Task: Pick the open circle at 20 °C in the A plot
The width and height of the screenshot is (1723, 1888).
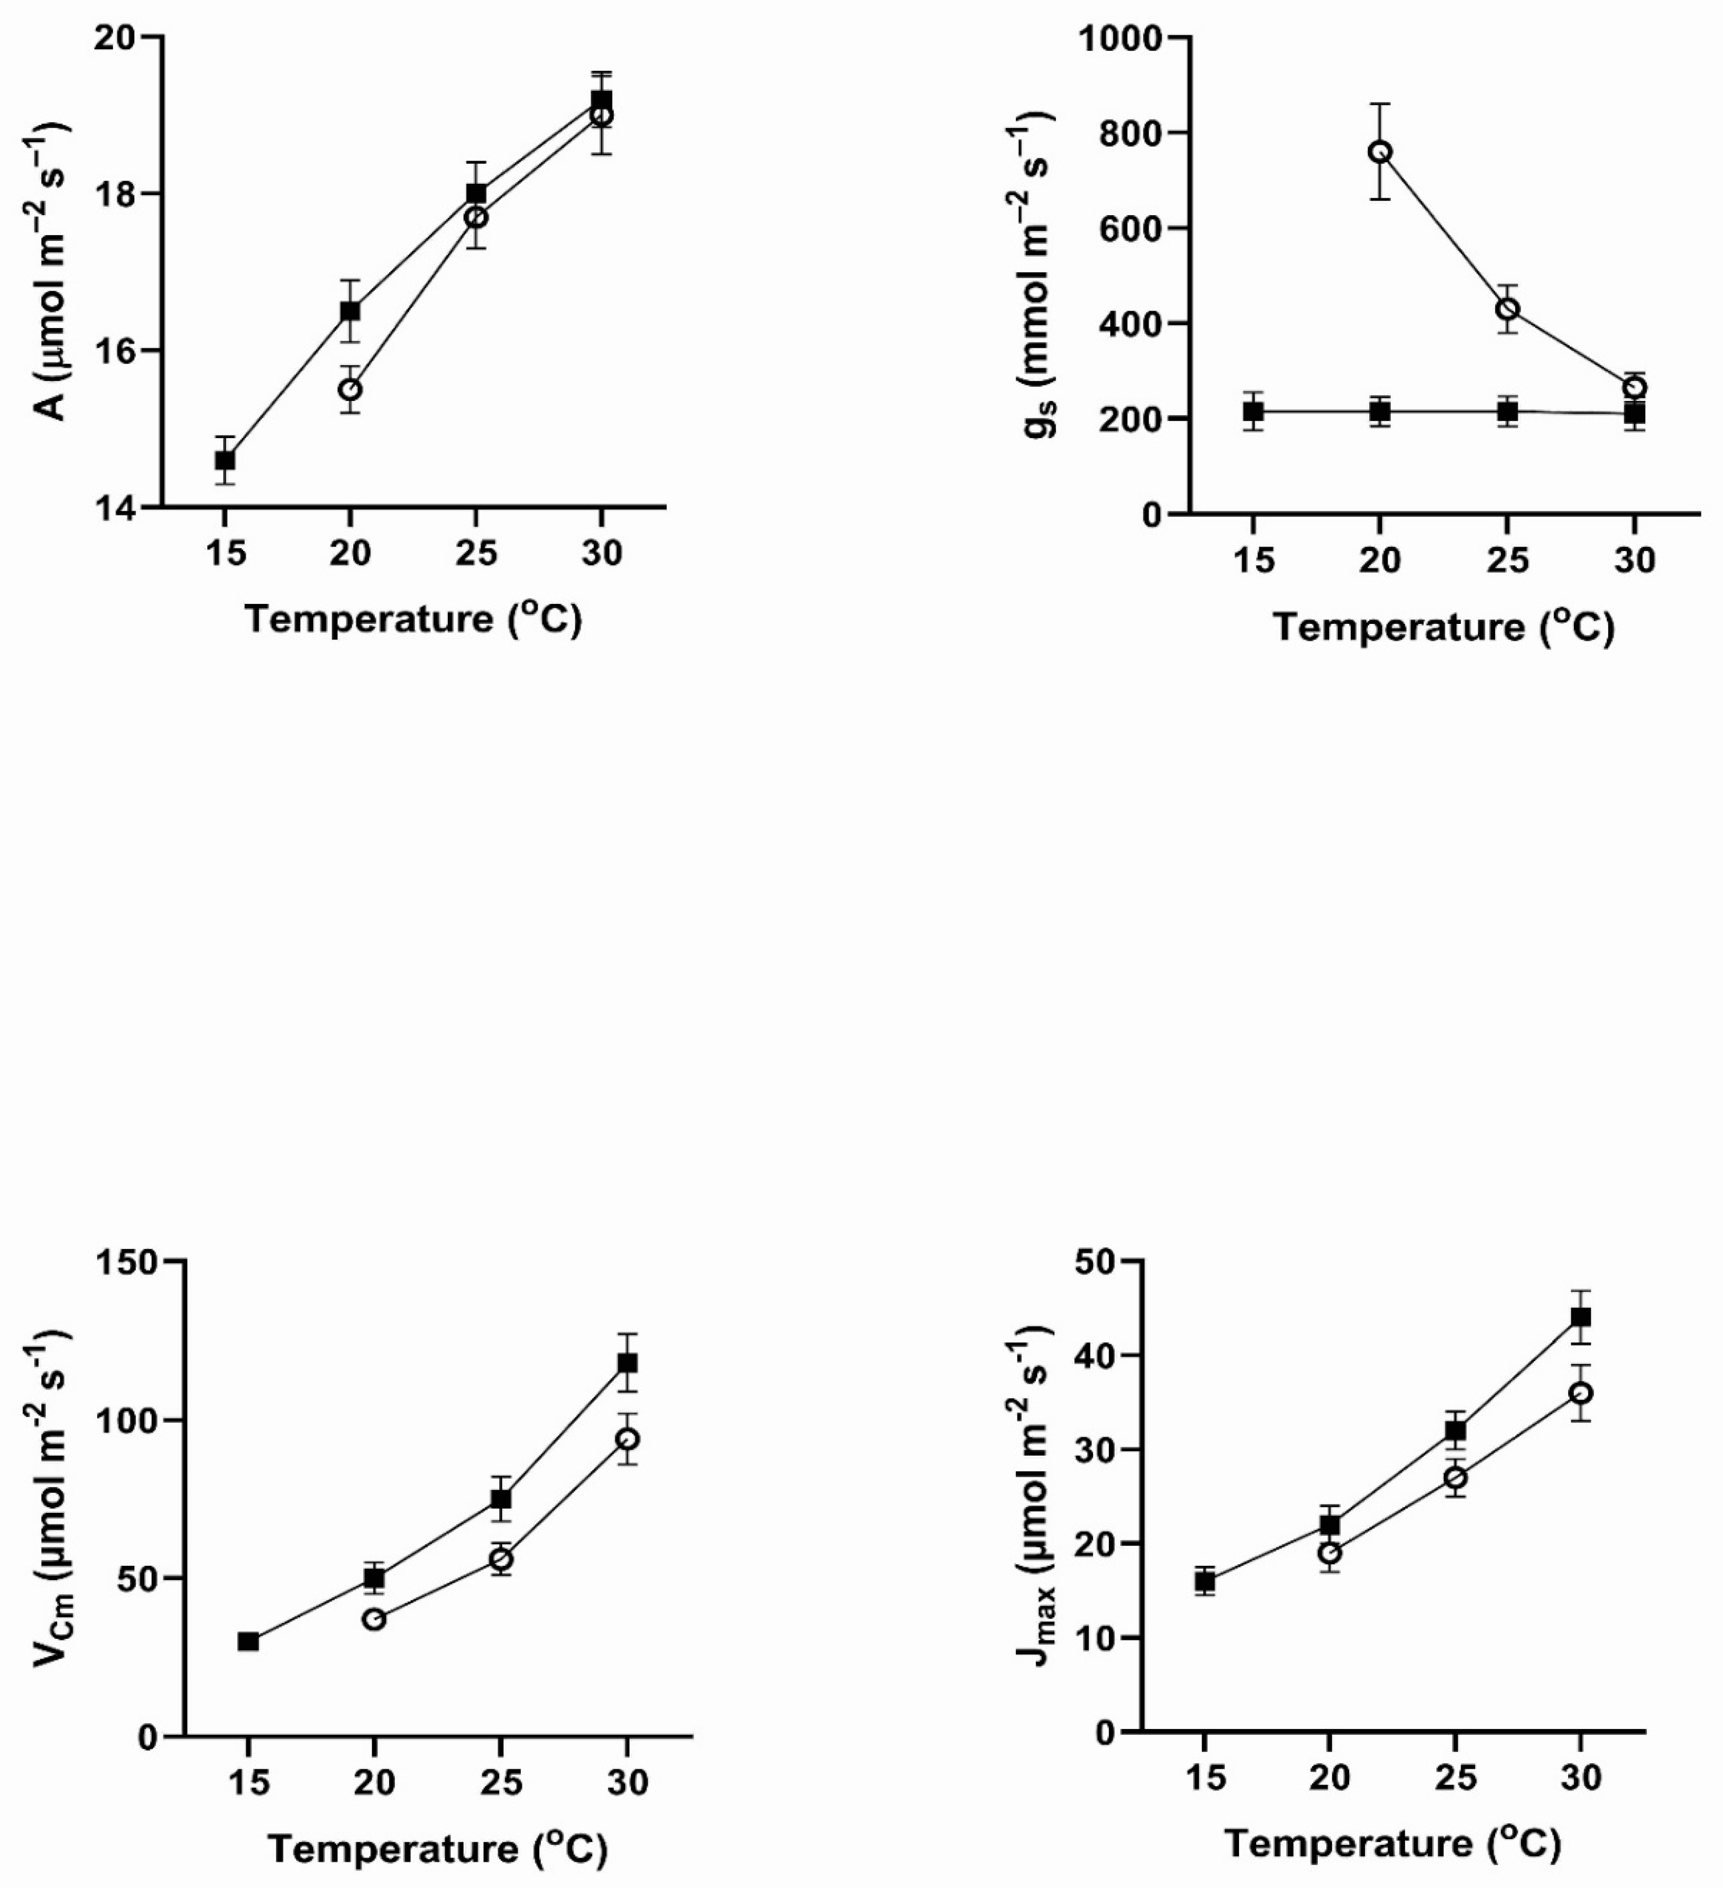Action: click(x=350, y=389)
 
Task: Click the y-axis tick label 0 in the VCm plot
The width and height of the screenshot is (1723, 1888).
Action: click(x=148, y=1737)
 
